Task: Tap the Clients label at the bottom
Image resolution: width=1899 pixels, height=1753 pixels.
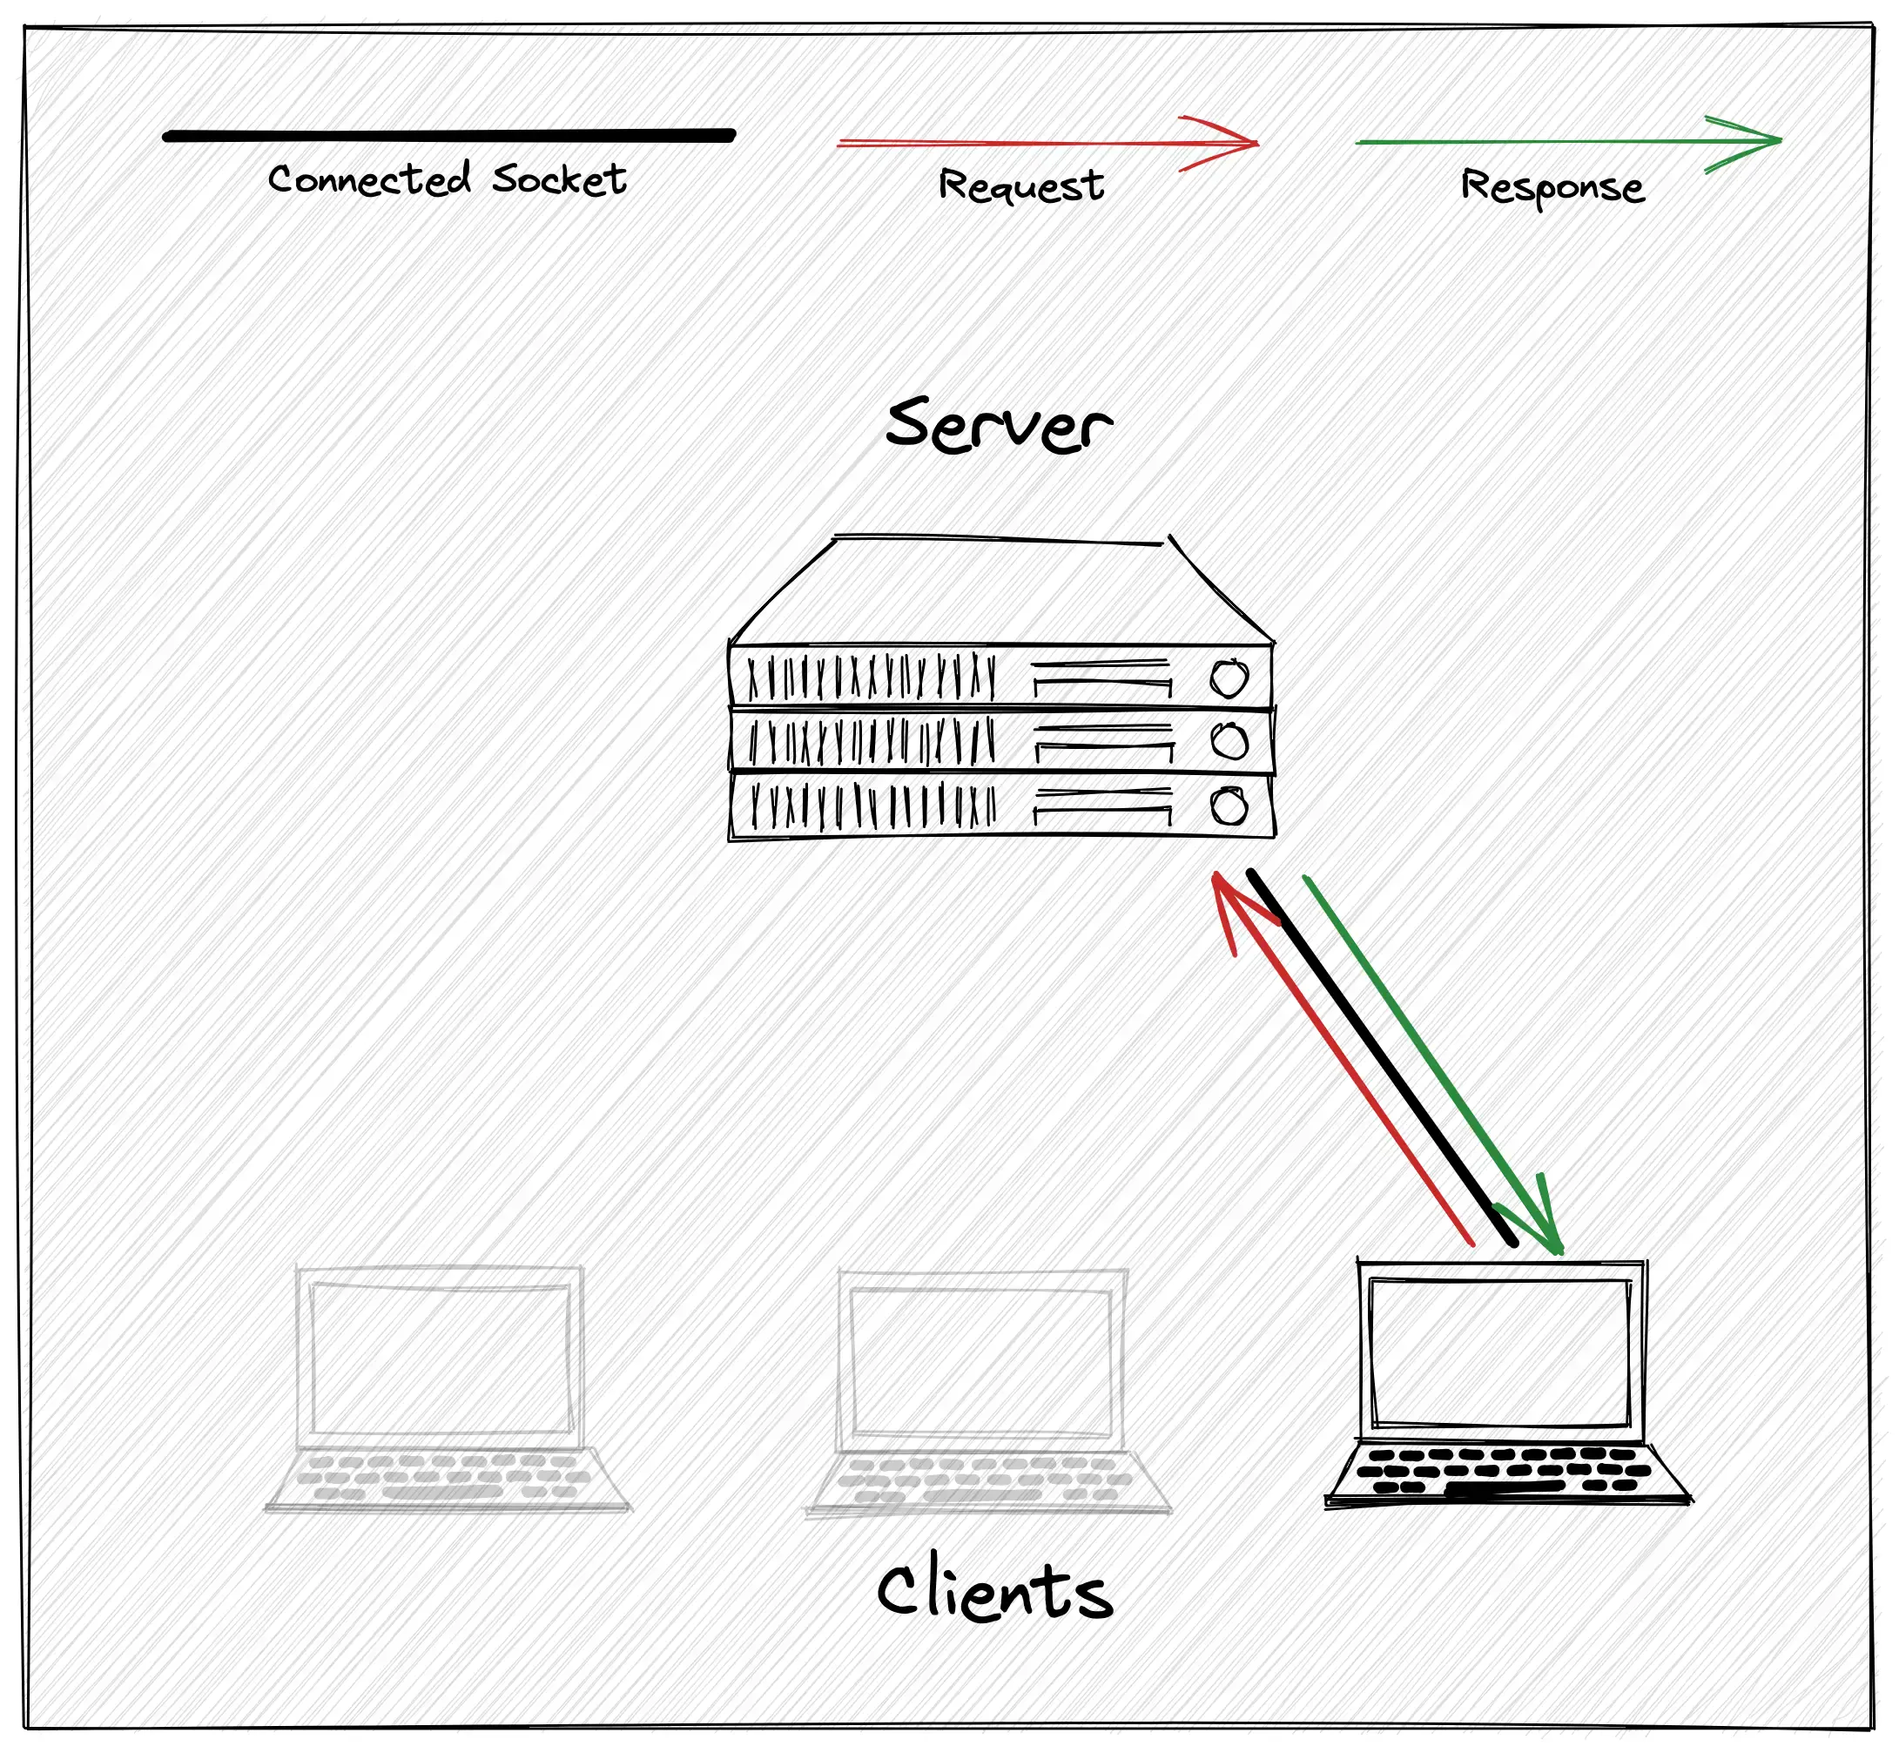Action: click(994, 1590)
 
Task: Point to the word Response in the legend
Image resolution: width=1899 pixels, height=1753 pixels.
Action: click(1552, 187)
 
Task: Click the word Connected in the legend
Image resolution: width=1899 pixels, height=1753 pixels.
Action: click(369, 179)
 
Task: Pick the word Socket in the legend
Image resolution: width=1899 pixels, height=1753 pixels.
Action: click(559, 179)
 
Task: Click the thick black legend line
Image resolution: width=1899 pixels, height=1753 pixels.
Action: click(448, 136)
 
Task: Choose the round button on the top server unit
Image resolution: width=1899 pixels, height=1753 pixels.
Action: click(1229, 679)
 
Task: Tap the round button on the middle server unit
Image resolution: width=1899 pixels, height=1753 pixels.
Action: click(1229, 741)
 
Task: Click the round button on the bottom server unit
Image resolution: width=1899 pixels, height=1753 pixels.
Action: click(1229, 807)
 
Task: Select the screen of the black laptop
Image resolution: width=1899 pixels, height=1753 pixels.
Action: click(1500, 1352)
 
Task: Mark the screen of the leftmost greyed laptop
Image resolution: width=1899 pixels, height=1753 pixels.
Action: click(440, 1359)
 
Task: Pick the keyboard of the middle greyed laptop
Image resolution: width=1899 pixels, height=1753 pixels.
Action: click(987, 1479)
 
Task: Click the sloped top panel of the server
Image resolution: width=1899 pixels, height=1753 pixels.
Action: click(1000, 593)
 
